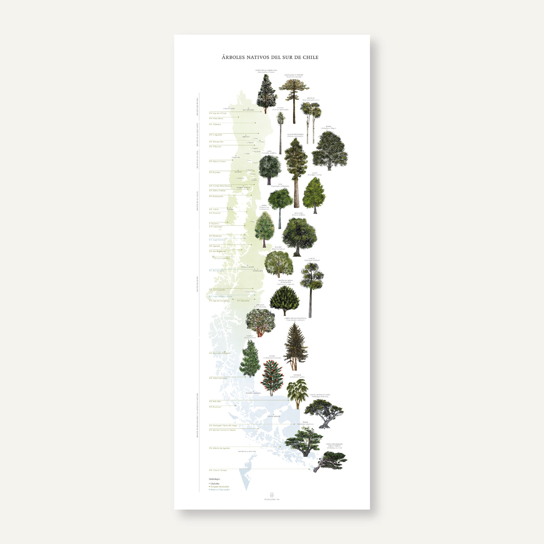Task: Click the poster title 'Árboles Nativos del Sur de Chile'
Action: (x=270, y=57)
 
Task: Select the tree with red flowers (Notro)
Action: (x=272, y=377)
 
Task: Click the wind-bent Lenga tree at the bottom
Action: (x=330, y=460)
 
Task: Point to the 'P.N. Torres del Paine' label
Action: (x=218, y=378)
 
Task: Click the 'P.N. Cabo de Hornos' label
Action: (x=218, y=470)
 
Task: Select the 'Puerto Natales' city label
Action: (x=253, y=393)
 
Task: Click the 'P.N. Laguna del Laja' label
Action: (x=218, y=113)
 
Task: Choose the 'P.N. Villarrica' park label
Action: (x=215, y=147)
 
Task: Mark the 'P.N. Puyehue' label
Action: (x=215, y=172)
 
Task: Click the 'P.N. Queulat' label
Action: (x=215, y=246)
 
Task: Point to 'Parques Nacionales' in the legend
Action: (x=220, y=487)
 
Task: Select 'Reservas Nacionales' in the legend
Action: (x=220, y=490)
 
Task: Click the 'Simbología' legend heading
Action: (x=215, y=479)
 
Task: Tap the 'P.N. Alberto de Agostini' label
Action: (x=220, y=448)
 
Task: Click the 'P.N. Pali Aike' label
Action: (x=215, y=401)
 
